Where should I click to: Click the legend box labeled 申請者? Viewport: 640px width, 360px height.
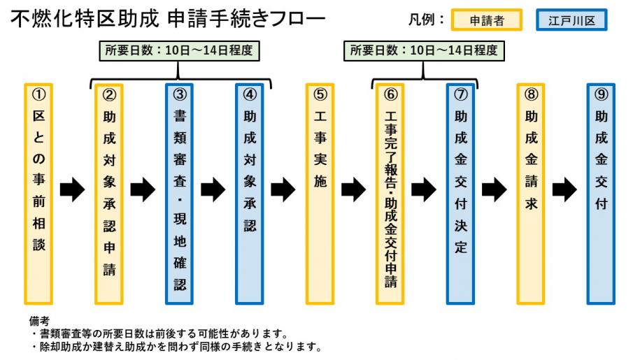[x=488, y=20]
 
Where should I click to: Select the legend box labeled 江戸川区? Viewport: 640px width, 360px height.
[x=571, y=20]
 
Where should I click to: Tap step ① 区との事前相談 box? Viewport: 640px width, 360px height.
[x=38, y=194]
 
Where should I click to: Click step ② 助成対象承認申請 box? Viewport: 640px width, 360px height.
[x=109, y=194]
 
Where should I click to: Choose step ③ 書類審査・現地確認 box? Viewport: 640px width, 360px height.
[x=179, y=194]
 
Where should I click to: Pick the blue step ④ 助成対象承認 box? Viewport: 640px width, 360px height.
[x=250, y=194]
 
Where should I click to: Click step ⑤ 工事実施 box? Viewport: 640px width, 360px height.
[x=320, y=194]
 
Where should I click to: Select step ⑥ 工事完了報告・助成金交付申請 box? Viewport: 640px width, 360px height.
[x=390, y=194]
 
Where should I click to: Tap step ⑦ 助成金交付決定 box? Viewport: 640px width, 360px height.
[x=460, y=194]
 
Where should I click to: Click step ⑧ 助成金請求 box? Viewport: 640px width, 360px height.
[x=531, y=194]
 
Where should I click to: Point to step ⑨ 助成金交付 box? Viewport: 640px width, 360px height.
[x=601, y=194]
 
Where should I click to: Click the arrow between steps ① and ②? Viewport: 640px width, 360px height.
[x=73, y=189]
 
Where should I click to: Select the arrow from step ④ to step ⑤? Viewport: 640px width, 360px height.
[x=283, y=189]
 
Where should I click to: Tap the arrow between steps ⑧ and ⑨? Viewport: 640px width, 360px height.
[x=564, y=189]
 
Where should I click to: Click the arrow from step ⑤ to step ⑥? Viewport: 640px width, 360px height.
[x=354, y=189]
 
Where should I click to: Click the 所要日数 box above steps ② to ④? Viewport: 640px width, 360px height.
[x=178, y=51]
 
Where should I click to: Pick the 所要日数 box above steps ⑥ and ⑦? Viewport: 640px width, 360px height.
[x=424, y=51]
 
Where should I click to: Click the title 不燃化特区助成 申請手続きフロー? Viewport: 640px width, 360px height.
[x=168, y=19]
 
